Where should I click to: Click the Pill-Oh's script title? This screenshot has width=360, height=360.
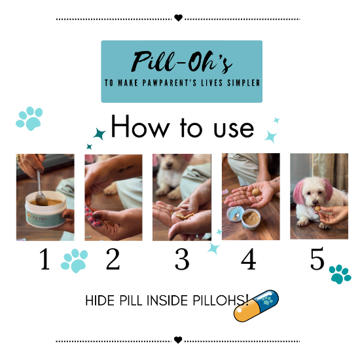pos(181,62)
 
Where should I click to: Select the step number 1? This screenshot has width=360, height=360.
pos(45,261)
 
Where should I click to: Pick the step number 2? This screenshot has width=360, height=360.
pos(113,261)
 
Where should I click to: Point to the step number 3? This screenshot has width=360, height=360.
pos(182,261)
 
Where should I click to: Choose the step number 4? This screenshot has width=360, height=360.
pos(248,261)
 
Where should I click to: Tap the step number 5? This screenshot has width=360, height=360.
pos(317,261)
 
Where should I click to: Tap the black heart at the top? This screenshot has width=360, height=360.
pos(178,18)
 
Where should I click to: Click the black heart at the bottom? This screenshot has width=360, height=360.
pos(178,340)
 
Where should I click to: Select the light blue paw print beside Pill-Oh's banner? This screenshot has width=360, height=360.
pos(29,118)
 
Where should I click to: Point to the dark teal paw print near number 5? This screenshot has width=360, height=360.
pos(340,274)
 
